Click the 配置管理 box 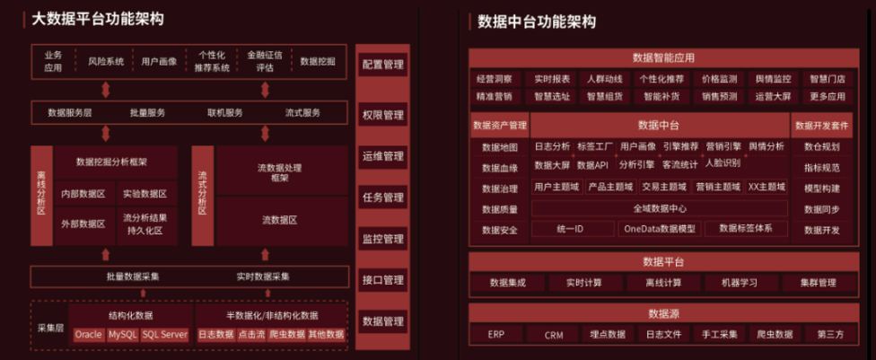382,65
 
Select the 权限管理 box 382,115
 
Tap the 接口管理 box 382,280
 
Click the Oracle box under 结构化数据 88,334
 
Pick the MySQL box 123,334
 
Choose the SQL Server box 164,334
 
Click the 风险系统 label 106,61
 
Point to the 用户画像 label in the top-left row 159,61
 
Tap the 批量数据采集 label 133,277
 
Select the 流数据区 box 279,220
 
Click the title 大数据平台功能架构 98,18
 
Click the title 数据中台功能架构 538,21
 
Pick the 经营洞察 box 495,79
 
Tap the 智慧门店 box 826,79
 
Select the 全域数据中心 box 660,208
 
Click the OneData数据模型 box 660,229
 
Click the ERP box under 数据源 496,334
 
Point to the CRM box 554,334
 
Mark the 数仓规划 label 821,146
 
